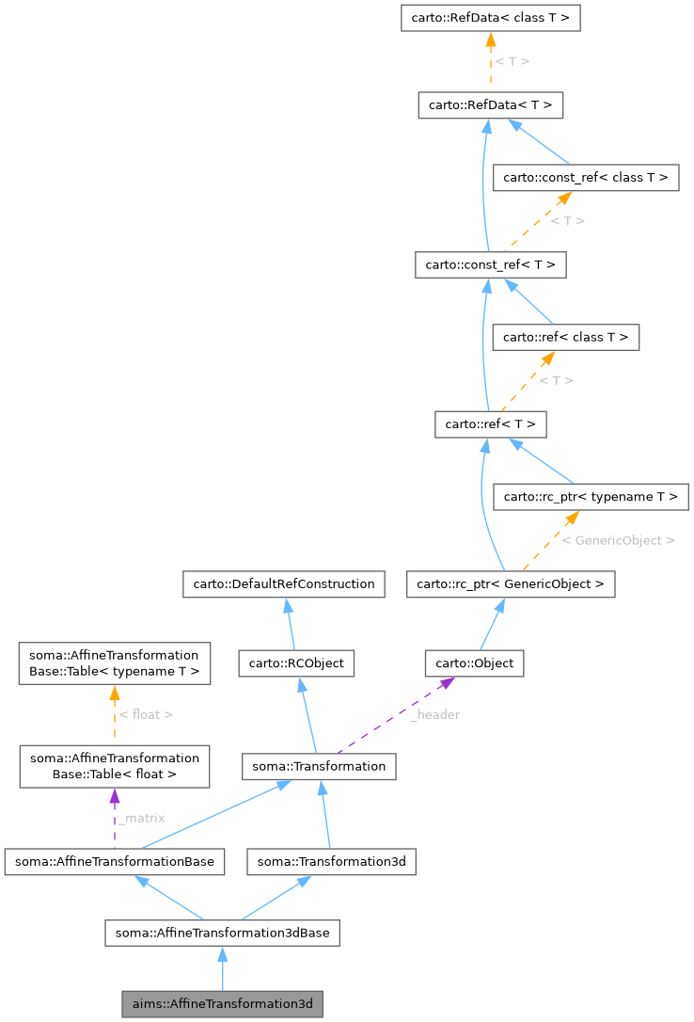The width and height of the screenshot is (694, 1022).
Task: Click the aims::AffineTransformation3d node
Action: pos(222,1004)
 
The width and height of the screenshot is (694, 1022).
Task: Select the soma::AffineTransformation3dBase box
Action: pos(222,933)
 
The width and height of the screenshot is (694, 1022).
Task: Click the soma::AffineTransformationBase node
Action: pos(114,861)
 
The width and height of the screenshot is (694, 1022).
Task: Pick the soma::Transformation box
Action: pos(318,766)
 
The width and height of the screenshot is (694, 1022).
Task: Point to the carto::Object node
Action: pos(474,663)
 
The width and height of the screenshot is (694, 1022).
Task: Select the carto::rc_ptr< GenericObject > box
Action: pos(511,584)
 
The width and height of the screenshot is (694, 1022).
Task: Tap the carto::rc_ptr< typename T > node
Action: pos(592,496)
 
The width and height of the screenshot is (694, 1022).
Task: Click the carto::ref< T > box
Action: pos(490,424)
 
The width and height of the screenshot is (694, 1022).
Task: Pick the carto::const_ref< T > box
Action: pos(490,265)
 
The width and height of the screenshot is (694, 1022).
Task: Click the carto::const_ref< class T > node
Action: pos(586,177)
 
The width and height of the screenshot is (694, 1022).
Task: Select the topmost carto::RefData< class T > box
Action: pos(490,17)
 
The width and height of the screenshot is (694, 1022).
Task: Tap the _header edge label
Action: pos(434,714)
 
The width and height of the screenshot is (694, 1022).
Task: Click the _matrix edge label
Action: pos(141,818)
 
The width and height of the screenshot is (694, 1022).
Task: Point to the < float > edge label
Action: pos(146,714)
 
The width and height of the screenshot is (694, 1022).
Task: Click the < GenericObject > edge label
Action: pos(618,541)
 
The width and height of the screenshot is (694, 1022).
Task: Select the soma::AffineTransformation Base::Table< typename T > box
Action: pos(114,663)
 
